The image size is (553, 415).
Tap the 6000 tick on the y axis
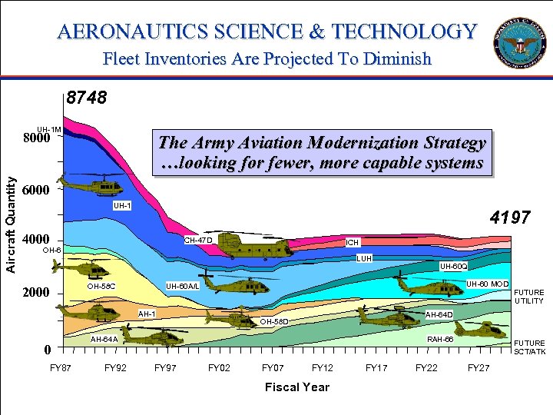(x=36, y=190)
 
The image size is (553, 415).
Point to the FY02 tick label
(x=219, y=368)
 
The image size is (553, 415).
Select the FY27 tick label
(x=478, y=368)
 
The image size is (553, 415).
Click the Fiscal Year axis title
(x=296, y=387)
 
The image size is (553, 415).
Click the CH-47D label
(x=197, y=241)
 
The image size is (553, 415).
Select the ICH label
(x=352, y=243)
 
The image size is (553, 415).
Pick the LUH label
(x=364, y=258)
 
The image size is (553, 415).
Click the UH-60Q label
(x=452, y=266)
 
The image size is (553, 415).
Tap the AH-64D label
(x=439, y=314)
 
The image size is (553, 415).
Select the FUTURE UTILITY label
(x=528, y=297)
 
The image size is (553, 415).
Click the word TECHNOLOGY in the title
(x=405, y=32)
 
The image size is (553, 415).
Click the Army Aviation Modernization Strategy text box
(x=321, y=152)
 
